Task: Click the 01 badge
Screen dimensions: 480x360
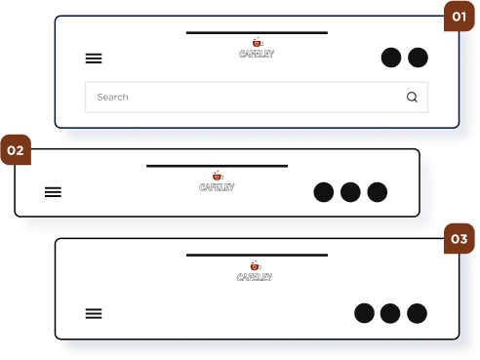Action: click(x=460, y=17)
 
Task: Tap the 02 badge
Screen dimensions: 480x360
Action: click(x=16, y=150)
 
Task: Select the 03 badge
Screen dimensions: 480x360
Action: click(x=460, y=239)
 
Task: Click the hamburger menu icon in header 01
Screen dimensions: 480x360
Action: click(x=94, y=59)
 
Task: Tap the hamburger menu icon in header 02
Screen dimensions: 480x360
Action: click(x=53, y=192)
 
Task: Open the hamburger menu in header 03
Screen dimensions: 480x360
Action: click(x=94, y=313)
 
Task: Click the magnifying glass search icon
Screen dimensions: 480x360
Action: click(x=412, y=97)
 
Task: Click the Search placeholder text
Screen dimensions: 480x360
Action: click(x=112, y=97)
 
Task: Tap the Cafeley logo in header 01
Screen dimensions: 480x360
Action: click(x=257, y=48)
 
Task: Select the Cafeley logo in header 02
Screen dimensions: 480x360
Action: click(x=217, y=181)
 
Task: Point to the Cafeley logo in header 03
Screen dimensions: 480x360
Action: click(x=255, y=271)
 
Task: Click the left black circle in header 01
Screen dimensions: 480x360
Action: click(x=391, y=58)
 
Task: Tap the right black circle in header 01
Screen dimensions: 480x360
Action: click(x=418, y=58)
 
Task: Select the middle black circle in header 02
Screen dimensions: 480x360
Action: click(x=350, y=192)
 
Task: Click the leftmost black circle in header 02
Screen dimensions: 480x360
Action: click(x=324, y=192)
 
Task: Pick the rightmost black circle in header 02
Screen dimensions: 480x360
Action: click(x=378, y=192)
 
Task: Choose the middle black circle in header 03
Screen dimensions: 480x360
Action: click(x=390, y=313)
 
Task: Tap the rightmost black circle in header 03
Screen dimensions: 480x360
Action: click(x=417, y=313)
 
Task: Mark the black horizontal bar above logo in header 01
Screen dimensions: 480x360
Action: click(x=257, y=33)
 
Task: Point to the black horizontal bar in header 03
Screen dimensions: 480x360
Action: click(x=257, y=256)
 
